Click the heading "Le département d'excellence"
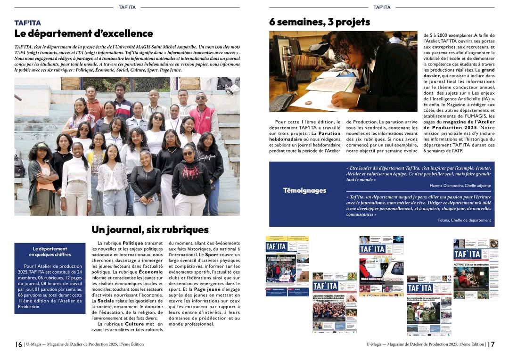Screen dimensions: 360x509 [x=83, y=33]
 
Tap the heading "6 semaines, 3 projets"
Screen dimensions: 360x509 [x=320, y=22]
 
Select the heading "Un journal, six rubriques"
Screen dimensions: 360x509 [x=150, y=230]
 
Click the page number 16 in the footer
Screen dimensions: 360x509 [x=18, y=344]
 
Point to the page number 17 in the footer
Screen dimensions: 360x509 [x=491, y=344]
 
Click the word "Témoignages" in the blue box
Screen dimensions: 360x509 [x=304, y=190]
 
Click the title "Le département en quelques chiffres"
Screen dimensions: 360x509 [x=49, y=252]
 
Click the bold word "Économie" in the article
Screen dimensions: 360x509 [x=150, y=272]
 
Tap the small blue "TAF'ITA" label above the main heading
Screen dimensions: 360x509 [x=27, y=23]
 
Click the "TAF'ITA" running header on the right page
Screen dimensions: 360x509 [x=381, y=7]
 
